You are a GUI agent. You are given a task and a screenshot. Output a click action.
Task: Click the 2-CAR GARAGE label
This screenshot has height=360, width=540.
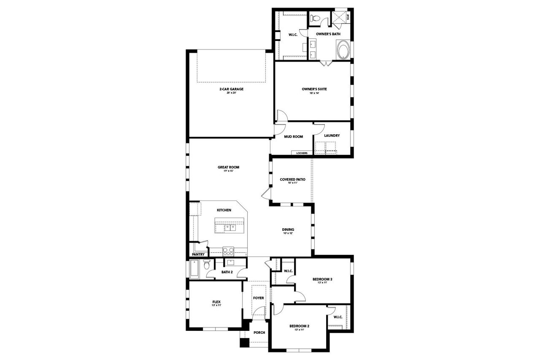click(231, 89)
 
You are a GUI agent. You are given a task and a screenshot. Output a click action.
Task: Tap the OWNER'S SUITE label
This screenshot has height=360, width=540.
click(314, 89)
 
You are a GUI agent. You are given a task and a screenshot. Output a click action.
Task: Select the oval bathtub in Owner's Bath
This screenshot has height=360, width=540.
click(343, 50)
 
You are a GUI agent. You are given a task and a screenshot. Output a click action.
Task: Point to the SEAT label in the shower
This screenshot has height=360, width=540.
click(348, 18)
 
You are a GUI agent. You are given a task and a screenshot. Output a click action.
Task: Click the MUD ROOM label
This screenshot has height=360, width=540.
click(293, 137)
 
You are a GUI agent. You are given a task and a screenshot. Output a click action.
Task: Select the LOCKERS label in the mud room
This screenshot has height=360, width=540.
click(302, 153)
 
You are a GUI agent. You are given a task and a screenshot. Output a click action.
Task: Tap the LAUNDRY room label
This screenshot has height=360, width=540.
click(332, 135)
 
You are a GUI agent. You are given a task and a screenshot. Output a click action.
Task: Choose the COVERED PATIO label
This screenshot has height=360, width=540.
click(292, 179)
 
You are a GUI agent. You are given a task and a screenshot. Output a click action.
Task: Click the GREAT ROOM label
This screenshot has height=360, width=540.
click(228, 167)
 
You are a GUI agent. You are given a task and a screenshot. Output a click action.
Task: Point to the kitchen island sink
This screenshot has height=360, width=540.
click(230, 227)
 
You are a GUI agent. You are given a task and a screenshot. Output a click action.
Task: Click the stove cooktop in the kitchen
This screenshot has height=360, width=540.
click(228, 252)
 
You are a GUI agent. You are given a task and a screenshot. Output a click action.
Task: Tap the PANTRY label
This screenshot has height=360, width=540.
click(198, 254)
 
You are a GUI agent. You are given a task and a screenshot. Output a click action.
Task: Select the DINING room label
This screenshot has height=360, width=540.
click(288, 230)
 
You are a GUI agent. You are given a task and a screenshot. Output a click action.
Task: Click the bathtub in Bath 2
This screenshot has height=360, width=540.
click(194, 269)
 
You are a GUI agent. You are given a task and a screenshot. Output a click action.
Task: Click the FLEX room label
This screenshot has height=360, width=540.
click(216, 302)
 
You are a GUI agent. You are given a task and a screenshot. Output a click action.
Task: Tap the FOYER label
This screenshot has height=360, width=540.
click(258, 298)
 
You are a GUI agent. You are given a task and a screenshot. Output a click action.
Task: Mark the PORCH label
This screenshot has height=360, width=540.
click(259, 333)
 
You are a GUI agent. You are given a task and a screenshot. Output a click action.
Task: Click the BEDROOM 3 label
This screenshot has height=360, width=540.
click(322, 279)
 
